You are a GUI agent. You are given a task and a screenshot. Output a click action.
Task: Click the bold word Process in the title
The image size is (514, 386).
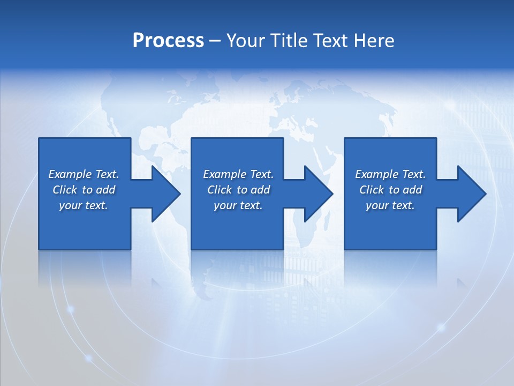click(168, 41)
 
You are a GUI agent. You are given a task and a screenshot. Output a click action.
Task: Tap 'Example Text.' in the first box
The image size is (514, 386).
click(84, 174)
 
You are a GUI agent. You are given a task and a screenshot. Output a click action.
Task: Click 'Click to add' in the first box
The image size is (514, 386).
click(84, 190)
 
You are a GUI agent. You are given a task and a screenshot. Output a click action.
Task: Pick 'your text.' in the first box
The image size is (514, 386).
click(84, 205)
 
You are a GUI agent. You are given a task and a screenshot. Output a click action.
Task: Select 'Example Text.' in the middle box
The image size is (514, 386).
click(238, 174)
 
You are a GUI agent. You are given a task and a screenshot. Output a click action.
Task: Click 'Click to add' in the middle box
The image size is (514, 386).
click(238, 190)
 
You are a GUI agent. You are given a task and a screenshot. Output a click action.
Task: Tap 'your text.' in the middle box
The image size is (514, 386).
click(238, 205)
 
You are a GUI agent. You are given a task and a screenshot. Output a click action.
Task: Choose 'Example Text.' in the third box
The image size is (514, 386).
click(390, 174)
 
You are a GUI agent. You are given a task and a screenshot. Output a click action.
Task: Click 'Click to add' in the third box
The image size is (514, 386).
click(390, 190)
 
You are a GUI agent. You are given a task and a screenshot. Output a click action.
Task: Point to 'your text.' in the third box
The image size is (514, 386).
click(390, 205)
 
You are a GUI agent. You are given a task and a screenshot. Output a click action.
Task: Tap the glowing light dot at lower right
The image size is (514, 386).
click(441, 326)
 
